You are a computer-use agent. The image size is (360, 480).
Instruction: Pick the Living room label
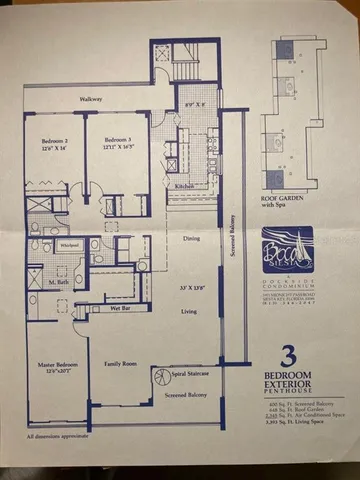[x=191, y=311]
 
